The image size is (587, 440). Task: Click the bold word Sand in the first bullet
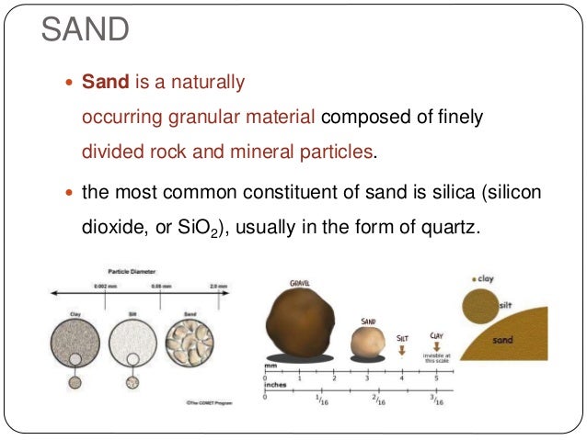coord(106,83)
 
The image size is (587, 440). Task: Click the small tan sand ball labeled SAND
coord(370,342)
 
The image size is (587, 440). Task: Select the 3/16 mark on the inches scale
coord(437,401)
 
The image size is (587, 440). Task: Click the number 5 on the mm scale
coord(438,378)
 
